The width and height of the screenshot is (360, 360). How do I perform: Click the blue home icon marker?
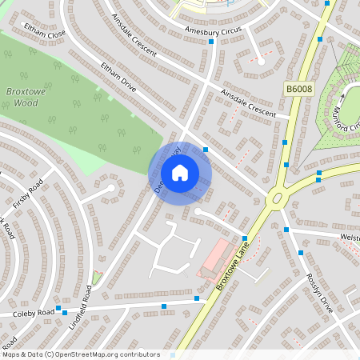[180, 172]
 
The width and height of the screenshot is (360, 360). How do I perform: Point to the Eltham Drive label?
[119, 82]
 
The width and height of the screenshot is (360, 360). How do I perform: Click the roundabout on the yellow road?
[277, 197]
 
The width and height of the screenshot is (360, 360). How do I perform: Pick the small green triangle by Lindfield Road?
[97, 277]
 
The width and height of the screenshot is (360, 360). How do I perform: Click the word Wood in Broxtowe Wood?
[26, 103]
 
